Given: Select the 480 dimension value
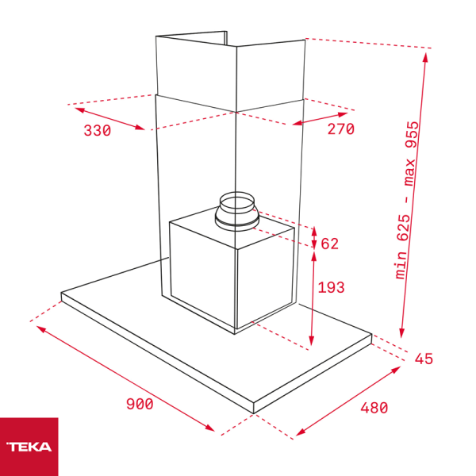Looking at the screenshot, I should (x=374, y=408).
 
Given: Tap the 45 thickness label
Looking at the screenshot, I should (x=424, y=359).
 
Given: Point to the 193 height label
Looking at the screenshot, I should (x=331, y=287).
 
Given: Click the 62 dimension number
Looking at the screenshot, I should (x=330, y=244).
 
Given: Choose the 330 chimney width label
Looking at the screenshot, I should (x=97, y=131).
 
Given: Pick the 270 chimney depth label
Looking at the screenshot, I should (x=340, y=129).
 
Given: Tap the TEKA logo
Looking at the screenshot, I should (x=29, y=447).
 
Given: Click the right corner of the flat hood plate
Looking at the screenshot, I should (x=371, y=337).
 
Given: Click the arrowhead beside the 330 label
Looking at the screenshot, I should (x=142, y=128).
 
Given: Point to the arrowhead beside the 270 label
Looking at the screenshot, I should (x=296, y=124).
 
